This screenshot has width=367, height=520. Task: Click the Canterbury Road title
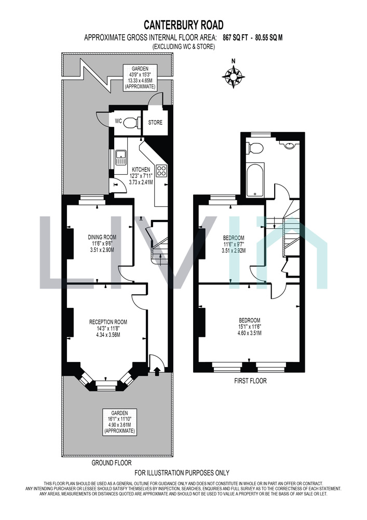pos(184,25)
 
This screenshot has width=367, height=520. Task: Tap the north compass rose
pos(234,76)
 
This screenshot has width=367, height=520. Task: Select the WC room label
pos(118,121)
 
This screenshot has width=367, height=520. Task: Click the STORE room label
pos(155,122)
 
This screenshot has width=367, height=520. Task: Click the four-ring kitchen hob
pos(161,171)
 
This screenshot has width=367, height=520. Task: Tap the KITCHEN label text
pos(141,170)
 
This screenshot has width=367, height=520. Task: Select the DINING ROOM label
pos(102,237)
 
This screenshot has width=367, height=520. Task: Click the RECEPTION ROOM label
pos(108,322)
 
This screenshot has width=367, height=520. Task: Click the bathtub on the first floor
pos(255,179)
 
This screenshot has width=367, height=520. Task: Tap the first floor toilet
pos(255,148)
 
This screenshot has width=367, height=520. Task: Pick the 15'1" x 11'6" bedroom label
pos(250,327)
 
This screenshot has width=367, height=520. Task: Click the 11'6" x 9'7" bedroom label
pos(234,244)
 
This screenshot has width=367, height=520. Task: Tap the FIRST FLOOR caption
pos(250,381)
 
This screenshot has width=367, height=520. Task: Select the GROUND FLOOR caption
pos(112,463)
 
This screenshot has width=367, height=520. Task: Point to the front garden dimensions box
pos(119,422)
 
